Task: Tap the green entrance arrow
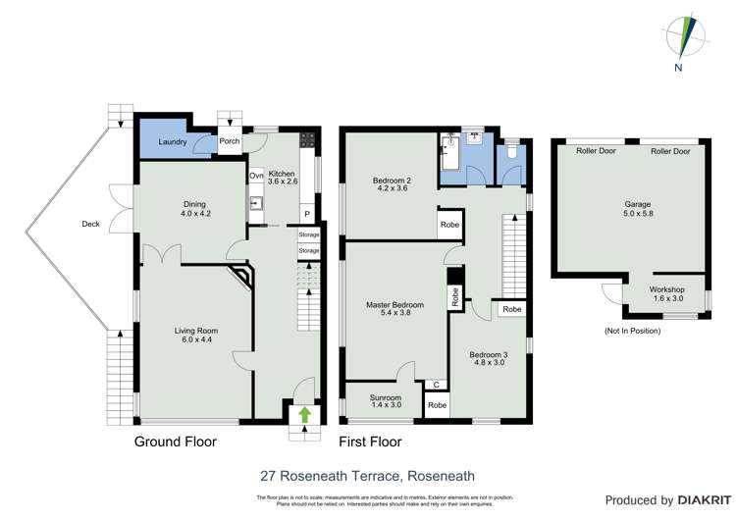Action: [x=304, y=414]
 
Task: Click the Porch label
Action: [x=229, y=141]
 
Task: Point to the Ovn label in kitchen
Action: [x=256, y=176]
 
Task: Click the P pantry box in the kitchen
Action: [x=306, y=214]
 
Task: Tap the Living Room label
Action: [x=196, y=337]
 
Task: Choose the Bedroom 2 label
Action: [x=391, y=185]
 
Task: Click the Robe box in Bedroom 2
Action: [x=450, y=223]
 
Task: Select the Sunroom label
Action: [x=386, y=401]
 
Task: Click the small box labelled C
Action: [x=433, y=386]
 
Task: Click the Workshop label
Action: [x=666, y=295]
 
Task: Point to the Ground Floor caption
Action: [x=175, y=442]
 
